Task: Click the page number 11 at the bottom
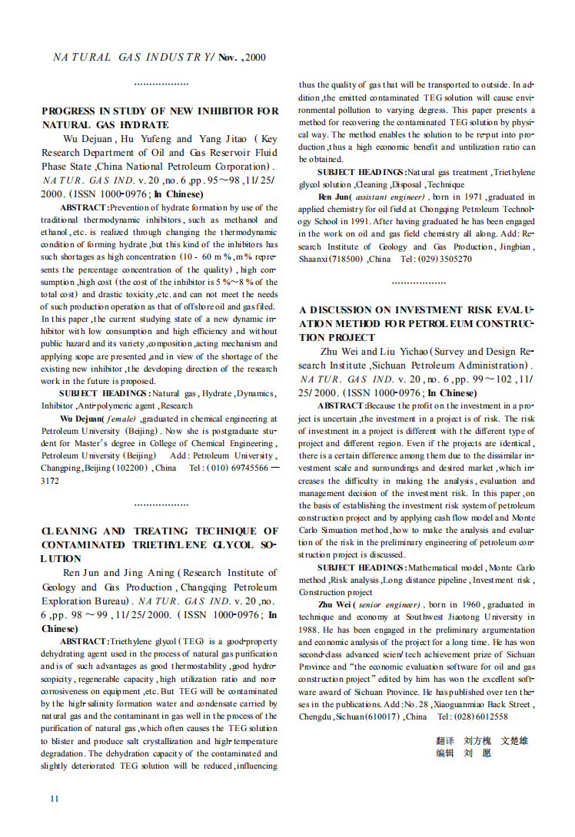[x=54, y=799]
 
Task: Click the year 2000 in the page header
[x=256, y=57]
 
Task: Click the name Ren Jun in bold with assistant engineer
[x=332, y=197]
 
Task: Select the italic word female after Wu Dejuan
[x=121, y=418]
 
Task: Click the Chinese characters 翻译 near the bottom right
[x=445, y=741]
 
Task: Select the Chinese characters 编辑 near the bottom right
[x=445, y=753]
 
